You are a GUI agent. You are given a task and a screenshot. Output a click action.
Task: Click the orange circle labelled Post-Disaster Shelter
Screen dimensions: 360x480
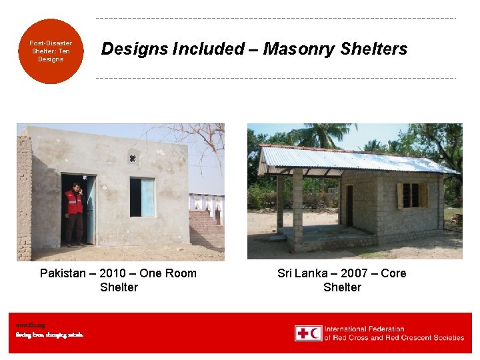pyautogui.click(x=51, y=51)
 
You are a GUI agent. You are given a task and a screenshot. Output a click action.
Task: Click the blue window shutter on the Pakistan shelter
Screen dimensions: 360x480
pyautogui.click(x=147, y=197)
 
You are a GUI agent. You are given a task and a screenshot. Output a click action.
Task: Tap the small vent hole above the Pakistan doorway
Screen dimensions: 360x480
pyautogui.click(x=133, y=159)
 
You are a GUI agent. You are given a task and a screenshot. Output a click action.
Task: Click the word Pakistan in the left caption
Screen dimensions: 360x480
pyautogui.click(x=63, y=273)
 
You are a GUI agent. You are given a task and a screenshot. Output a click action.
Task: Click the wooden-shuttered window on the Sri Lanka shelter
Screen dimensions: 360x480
pyautogui.click(x=411, y=195)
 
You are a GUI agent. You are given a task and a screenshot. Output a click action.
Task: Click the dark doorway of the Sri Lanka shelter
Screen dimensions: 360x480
pyautogui.click(x=349, y=205)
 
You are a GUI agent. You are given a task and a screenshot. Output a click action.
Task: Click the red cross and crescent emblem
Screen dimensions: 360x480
pyautogui.click(x=309, y=333)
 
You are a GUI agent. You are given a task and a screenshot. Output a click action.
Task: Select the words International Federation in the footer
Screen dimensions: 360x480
pyautogui.click(x=364, y=329)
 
